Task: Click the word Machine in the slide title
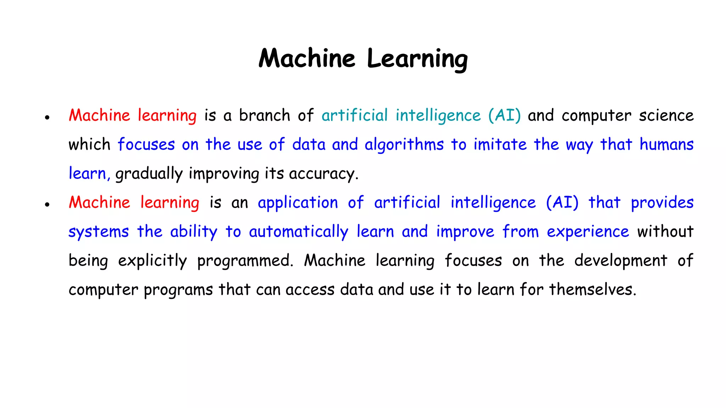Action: (x=307, y=58)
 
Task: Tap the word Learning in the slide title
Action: (x=417, y=59)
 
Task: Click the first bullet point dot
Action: (x=47, y=117)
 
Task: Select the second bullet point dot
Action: (x=47, y=204)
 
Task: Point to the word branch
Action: (x=264, y=115)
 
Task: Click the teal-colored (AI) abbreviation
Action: (x=504, y=115)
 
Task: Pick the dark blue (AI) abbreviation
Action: (x=562, y=203)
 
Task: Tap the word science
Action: (x=666, y=115)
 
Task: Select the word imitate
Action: (x=500, y=144)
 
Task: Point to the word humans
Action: (x=666, y=144)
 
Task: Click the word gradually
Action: (x=149, y=174)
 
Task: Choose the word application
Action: (x=298, y=203)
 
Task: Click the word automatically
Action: (x=298, y=232)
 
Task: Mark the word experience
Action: (x=588, y=232)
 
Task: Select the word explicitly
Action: (x=152, y=261)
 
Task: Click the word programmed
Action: (x=245, y=261)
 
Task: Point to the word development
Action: (x=621, y=261)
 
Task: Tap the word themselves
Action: (x=593, y=290)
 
